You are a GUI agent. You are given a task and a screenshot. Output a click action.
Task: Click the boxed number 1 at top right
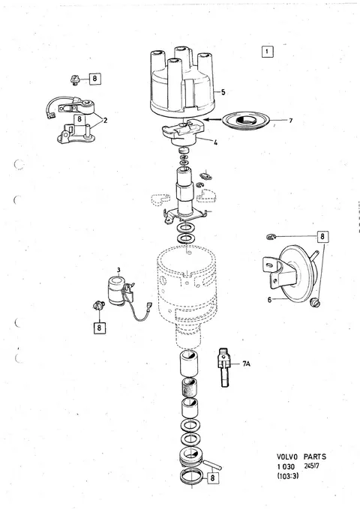pos(268,52)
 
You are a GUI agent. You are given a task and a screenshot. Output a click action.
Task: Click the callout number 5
pos(223,92)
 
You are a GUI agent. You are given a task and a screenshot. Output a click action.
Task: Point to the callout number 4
pos(215,142)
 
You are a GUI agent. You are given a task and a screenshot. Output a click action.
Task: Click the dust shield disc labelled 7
pos(246,121)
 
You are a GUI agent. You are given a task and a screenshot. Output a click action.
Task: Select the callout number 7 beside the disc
pos(290,121)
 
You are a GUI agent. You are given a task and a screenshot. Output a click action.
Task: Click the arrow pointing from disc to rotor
pos(213,119)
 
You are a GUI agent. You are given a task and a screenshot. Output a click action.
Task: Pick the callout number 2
pos(105,121)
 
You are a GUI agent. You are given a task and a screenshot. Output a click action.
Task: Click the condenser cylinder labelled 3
pos(116,291)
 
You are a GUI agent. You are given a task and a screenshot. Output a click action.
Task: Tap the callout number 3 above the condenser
pos(118,270)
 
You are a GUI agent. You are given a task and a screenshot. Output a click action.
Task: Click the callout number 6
pos(269,300)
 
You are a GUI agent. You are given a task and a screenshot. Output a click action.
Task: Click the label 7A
pos(246,364)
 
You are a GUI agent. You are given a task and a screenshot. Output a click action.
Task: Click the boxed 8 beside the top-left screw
pos(94,78)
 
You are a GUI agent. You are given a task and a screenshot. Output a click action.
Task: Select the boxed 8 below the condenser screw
pos(99,328)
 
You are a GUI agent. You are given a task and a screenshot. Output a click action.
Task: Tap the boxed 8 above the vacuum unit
pos(322,236)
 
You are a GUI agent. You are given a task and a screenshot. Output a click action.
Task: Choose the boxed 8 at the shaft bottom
pos(212,478)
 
